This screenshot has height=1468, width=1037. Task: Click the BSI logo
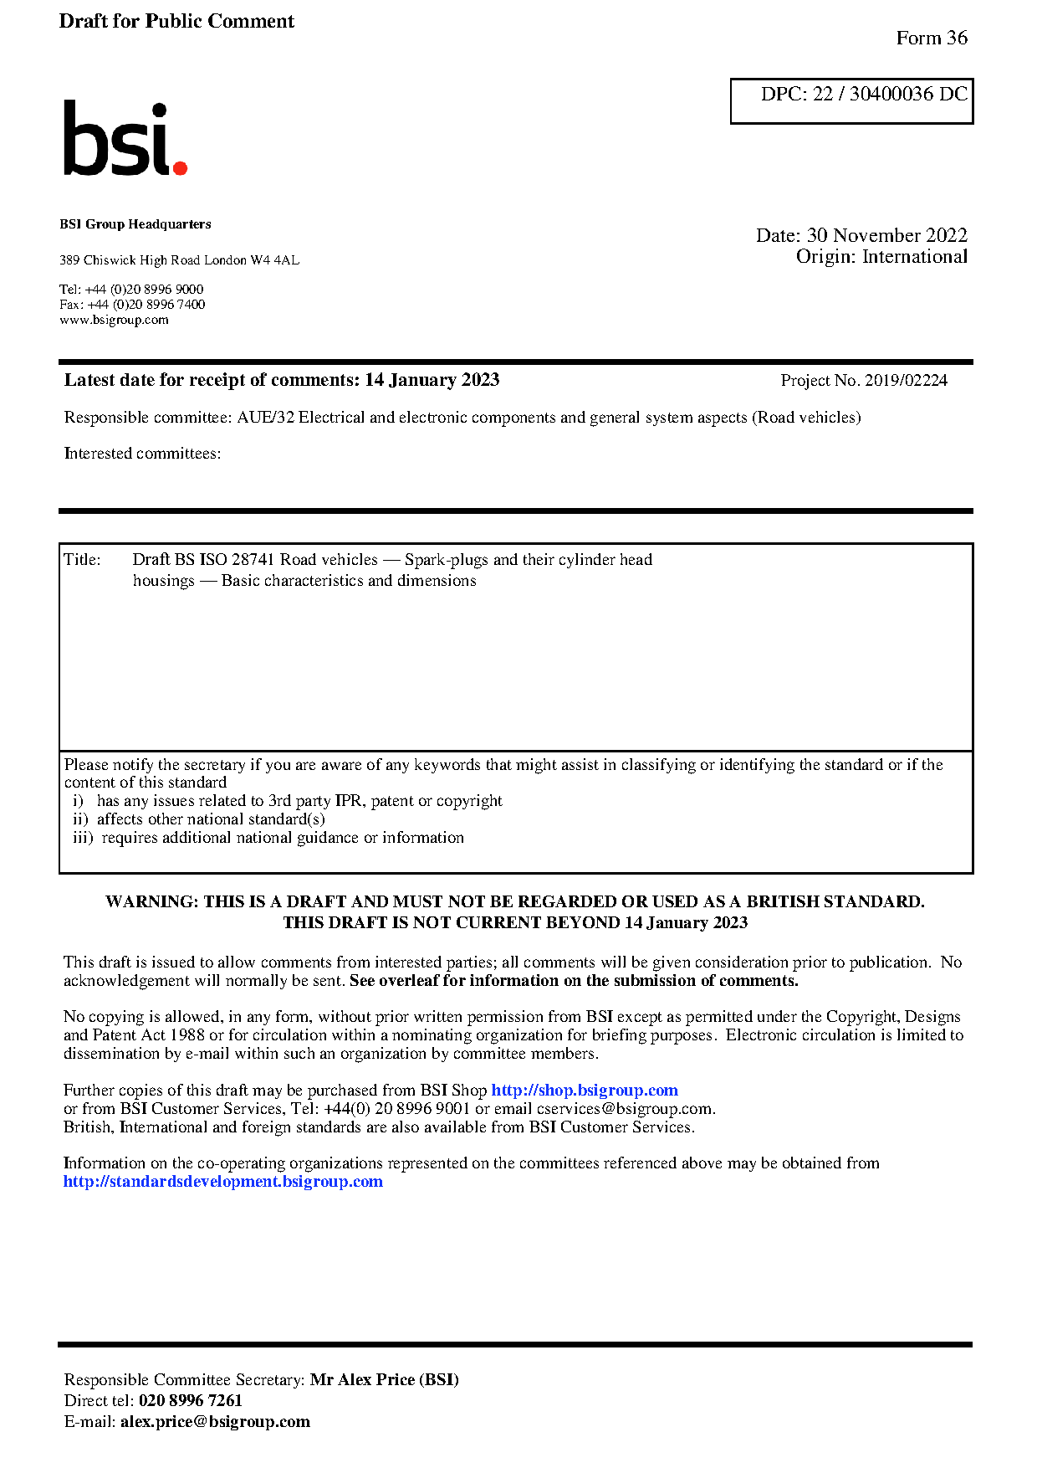tap(125, 139)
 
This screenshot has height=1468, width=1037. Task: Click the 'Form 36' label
tap(931, 38)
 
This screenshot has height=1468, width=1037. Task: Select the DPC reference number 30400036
tap(891, 94)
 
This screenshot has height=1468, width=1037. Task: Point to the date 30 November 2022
tap(886, 235)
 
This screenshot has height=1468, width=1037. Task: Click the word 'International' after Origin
tap(914, 257)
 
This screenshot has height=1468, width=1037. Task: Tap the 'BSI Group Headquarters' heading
tap(135, 224)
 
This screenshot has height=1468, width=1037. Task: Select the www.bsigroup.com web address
tap(114, 320)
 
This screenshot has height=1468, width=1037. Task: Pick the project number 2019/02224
tap(906, 381)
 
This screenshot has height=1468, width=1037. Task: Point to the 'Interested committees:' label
tap(142, 454)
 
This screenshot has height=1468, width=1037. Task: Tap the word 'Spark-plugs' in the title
tap(446, 560)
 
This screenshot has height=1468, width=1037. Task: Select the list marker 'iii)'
tap(83, 838)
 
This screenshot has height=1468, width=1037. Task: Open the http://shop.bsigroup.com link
tap(584, 1091)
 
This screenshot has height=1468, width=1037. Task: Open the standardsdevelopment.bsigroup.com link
tap(223, 1182)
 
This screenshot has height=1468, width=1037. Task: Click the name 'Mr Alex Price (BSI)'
tap(384, 1380)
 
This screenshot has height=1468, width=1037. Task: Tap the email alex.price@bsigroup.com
tap(215, 1422)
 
